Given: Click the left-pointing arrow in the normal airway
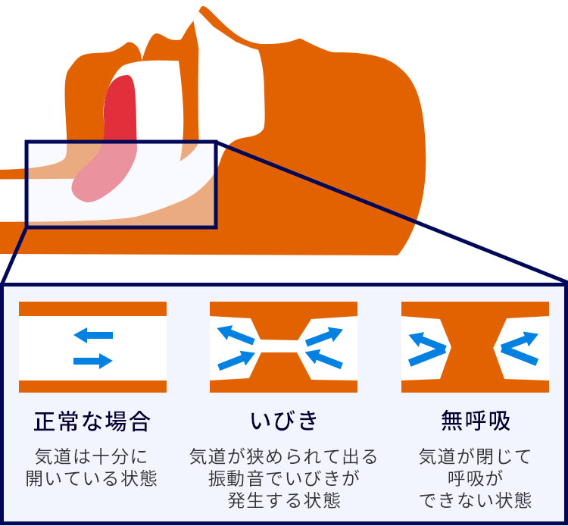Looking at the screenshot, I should (x=93, y=334).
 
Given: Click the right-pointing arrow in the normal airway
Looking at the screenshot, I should (x=93, y=362).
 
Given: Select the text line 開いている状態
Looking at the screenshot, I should (x=92, y=479).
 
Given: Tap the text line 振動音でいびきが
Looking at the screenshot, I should (x=284, y=479).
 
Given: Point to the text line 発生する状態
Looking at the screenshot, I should (x=284, y=501).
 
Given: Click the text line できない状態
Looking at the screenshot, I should (x=475, y=501).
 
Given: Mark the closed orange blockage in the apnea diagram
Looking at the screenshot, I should (x=473, y=347).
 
